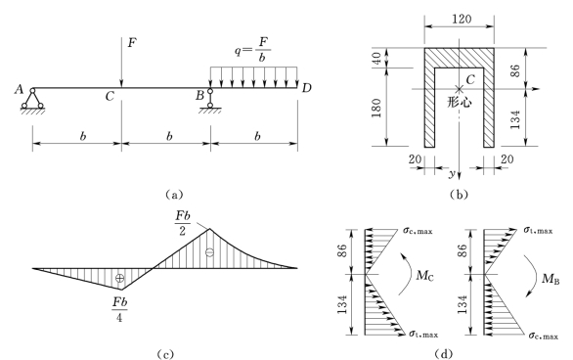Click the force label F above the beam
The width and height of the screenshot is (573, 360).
click(132, 43)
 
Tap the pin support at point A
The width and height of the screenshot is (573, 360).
click(32, 101)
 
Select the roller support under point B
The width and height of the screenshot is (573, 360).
click(210, 101)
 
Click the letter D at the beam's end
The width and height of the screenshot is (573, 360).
click(306, 88)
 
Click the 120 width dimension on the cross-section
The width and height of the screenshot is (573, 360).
click(462, 19)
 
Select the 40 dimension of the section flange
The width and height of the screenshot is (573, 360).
click(376, 58)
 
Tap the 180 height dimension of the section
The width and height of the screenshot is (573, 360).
click(376, 108)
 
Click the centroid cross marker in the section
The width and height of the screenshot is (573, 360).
click(459, 88)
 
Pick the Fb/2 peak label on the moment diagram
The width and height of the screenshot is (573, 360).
click(182, 223)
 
